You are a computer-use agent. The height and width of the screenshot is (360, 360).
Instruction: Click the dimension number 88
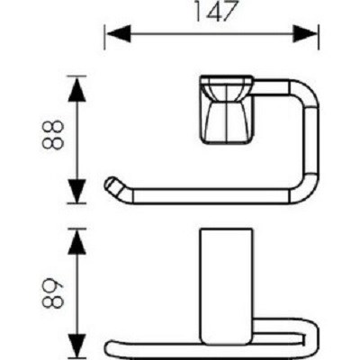coord(53,135)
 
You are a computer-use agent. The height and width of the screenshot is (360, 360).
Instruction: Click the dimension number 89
coord(53,292)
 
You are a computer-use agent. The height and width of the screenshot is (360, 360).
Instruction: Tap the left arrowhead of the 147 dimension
coord(119,33)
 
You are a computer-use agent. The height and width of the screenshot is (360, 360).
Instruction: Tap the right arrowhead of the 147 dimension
coord(305,33)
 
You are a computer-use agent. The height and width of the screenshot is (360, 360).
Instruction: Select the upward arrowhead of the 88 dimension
coord(77,89)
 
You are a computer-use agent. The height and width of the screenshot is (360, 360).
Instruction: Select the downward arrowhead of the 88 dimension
coord(77,191)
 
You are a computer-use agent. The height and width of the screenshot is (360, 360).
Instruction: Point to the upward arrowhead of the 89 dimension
coord(77,242)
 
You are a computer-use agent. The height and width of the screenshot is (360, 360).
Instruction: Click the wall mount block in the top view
coord(227,109)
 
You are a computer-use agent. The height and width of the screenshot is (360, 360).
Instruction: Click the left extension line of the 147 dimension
coord(104,37)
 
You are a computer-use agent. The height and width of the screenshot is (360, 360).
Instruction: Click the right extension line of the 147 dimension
coord(319,37)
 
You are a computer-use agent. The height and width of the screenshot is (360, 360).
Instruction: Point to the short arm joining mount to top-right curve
coord(272,88)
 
